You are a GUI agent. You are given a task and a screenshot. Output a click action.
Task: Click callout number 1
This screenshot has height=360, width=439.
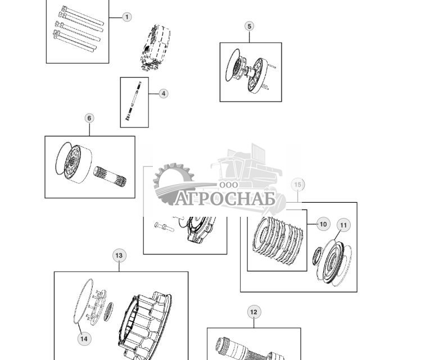point(127,17)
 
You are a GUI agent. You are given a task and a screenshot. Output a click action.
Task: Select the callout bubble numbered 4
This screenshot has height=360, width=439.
point(164,93)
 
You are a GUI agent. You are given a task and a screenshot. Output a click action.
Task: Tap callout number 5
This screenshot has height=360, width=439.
point(250,26)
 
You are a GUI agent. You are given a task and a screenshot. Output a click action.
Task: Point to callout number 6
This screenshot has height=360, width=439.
point(89,118)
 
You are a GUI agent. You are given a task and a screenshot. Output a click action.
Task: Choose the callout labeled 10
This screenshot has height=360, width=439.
point(323,224)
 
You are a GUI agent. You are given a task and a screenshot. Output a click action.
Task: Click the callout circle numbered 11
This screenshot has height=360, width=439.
point(343,225)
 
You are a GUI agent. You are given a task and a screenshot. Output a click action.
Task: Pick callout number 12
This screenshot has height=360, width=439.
point(254,312)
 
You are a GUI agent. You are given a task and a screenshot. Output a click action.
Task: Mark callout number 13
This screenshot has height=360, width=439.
point(119,256)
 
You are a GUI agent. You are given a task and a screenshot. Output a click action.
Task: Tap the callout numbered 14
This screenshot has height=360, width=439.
point(84,338)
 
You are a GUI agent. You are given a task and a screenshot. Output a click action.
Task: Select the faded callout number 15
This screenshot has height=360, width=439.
point(298,184)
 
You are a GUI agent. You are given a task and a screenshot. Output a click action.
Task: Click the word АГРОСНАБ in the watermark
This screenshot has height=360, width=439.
point(225,199)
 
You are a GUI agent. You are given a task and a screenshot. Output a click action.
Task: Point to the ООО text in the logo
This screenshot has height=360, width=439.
point(229,185)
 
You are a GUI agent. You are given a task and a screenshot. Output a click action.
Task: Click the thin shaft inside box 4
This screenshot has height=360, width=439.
point(135,101)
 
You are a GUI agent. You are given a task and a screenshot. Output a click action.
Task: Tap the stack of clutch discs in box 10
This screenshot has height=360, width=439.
point(278,240)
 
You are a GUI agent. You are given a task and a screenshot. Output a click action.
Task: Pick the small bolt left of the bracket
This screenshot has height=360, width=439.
point(164,226)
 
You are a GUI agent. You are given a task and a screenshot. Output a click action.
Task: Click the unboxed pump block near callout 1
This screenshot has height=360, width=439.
point(155,48)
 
